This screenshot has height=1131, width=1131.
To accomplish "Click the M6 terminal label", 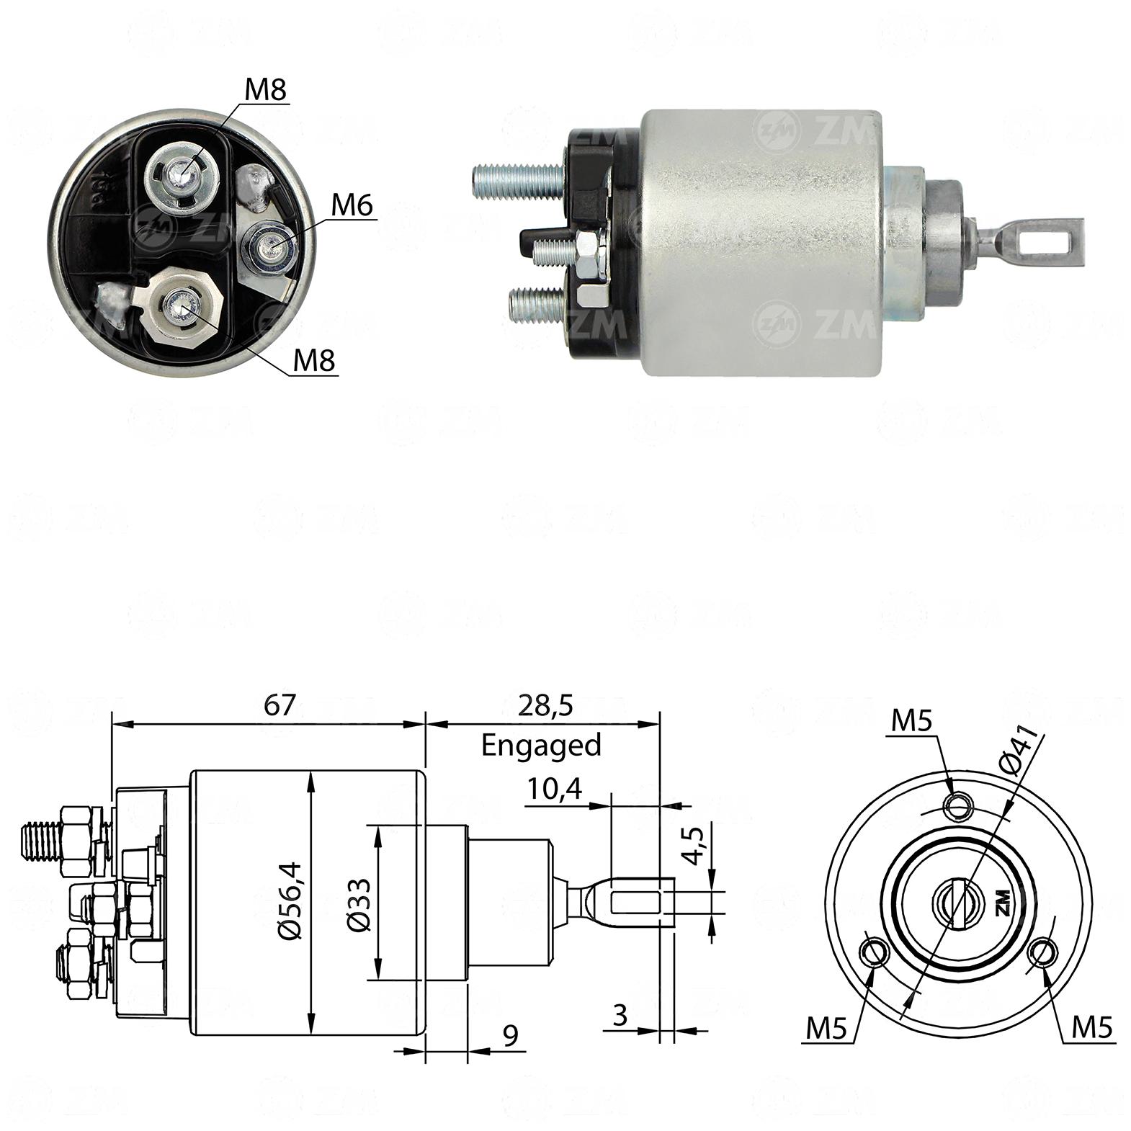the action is click(352, 207).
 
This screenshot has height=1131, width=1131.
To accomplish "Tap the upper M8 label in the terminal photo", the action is click(266, 90).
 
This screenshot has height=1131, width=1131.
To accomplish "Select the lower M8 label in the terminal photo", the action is click(314, 360).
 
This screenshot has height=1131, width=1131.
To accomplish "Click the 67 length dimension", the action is click(280, 705).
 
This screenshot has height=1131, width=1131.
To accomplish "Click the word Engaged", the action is click(541, 746).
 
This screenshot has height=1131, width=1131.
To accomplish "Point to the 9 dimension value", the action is click(510, 1036).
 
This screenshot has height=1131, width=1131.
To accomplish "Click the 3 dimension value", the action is click(620, 1015).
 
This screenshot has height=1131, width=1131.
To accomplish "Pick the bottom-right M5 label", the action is click(1092, 1027).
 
